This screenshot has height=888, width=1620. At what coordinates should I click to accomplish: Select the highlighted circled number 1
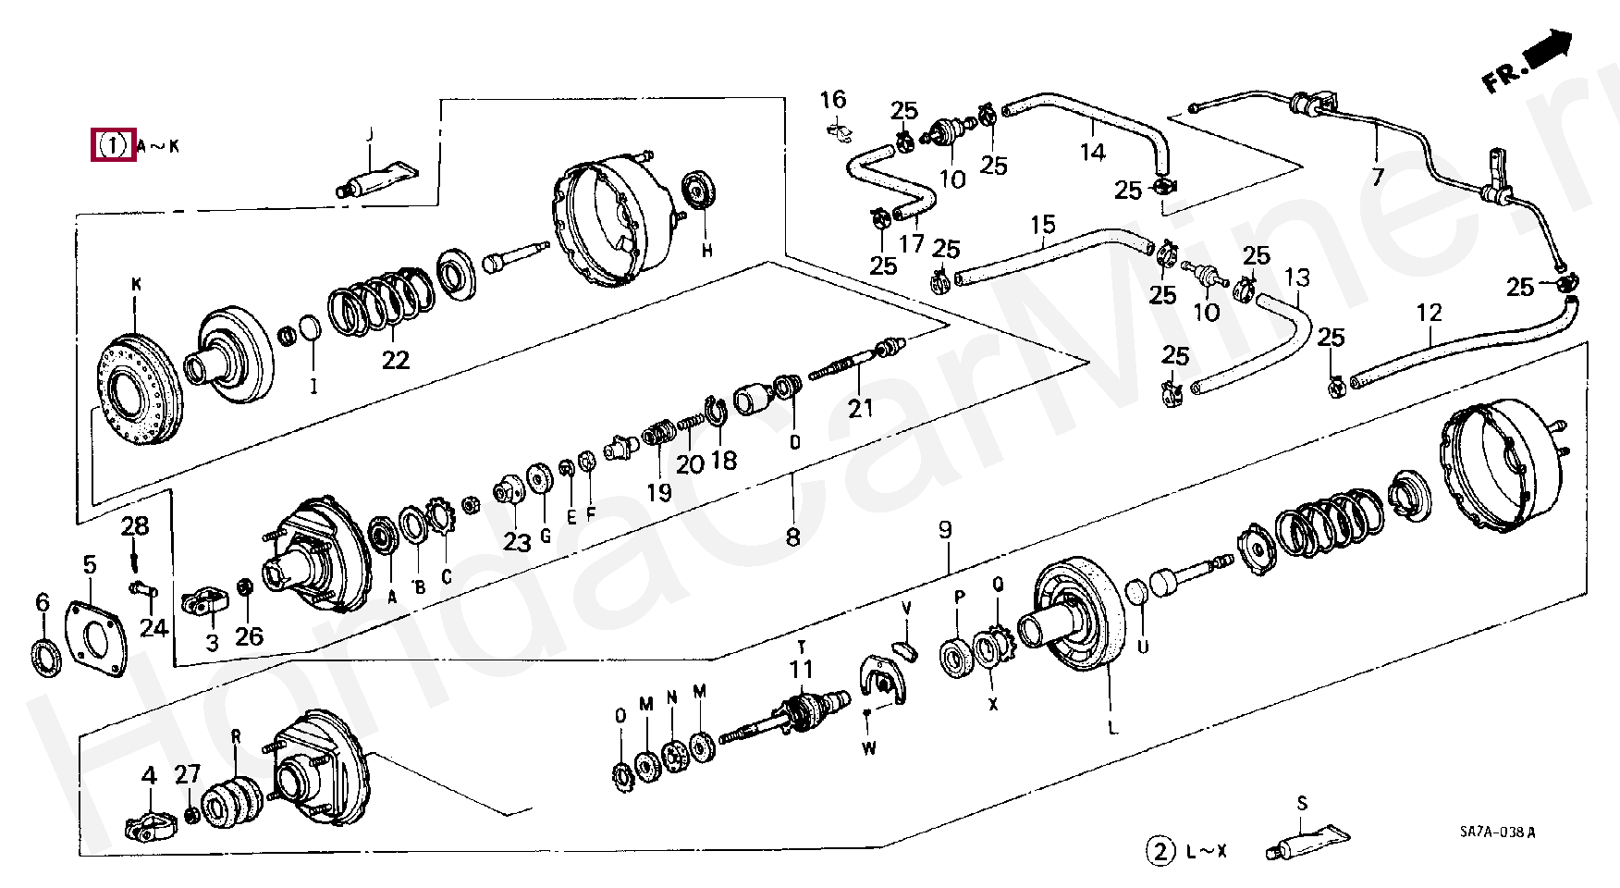coord(113,145)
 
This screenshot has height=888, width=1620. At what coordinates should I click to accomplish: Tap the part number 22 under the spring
coord(396,359)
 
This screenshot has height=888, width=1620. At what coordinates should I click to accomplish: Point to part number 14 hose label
coord(1093,151)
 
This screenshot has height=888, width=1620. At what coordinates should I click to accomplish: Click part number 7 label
coord(1379,175)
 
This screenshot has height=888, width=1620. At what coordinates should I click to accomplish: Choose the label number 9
coord(944,530)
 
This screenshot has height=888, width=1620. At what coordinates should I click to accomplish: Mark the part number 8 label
coord(792,536)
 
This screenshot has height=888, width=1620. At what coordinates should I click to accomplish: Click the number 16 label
coord(833,99)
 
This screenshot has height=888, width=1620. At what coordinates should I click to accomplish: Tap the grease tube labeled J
coord(377,179)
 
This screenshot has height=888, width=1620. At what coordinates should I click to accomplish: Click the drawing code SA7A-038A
coord(1491,832)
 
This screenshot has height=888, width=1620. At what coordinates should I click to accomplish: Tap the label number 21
coord(861,406)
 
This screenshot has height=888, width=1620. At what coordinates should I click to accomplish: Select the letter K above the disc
coord(137,286)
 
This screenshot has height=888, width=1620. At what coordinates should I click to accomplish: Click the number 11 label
coord(801,668)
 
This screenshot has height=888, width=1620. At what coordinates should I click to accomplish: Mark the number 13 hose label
coord(1297,277)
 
